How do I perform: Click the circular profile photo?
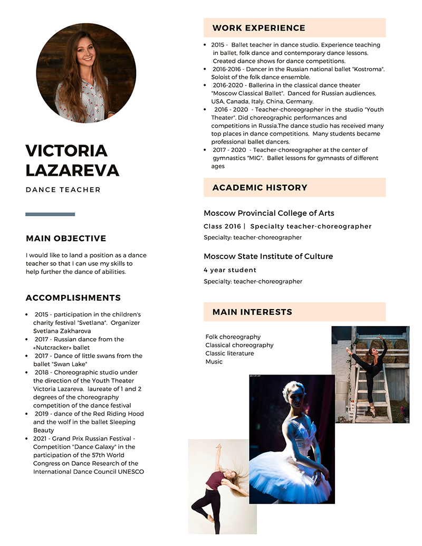coord(86,73)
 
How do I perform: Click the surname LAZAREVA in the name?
coord(72,170)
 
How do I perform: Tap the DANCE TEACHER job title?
coord(63,190)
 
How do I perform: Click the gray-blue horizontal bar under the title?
coord(50,214)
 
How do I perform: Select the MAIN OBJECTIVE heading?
coord(66,238)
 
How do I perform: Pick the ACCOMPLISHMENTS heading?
coord(73,298)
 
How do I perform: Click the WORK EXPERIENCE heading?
coord(258,28)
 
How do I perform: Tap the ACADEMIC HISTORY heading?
coord(260,188)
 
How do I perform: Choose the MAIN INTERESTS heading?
coord(252,312)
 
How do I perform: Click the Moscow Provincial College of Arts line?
coord(268,213)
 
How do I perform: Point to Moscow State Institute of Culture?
coord(268,256)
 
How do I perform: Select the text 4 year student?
coord(230,270)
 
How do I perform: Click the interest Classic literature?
coord(229,353)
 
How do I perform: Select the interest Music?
coord(214,362)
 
